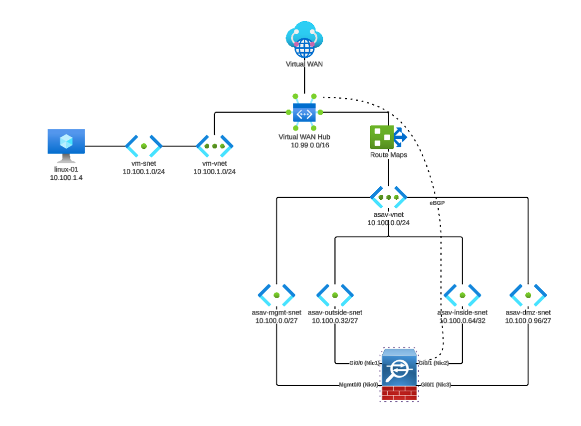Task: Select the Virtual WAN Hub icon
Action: point(304,112)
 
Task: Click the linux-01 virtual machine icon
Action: point(66,145)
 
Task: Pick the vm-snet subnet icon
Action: point(144,146)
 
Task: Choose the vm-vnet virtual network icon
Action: point(215,146)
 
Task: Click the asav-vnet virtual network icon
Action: point(389,197)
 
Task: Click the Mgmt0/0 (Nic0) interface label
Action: point(359,385)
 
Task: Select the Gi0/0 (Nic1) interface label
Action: point(364,363)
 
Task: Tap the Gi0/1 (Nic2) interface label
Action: point(433,363)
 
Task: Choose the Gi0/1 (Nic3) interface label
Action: point(436,385)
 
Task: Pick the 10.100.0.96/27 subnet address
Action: point(528,320)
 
